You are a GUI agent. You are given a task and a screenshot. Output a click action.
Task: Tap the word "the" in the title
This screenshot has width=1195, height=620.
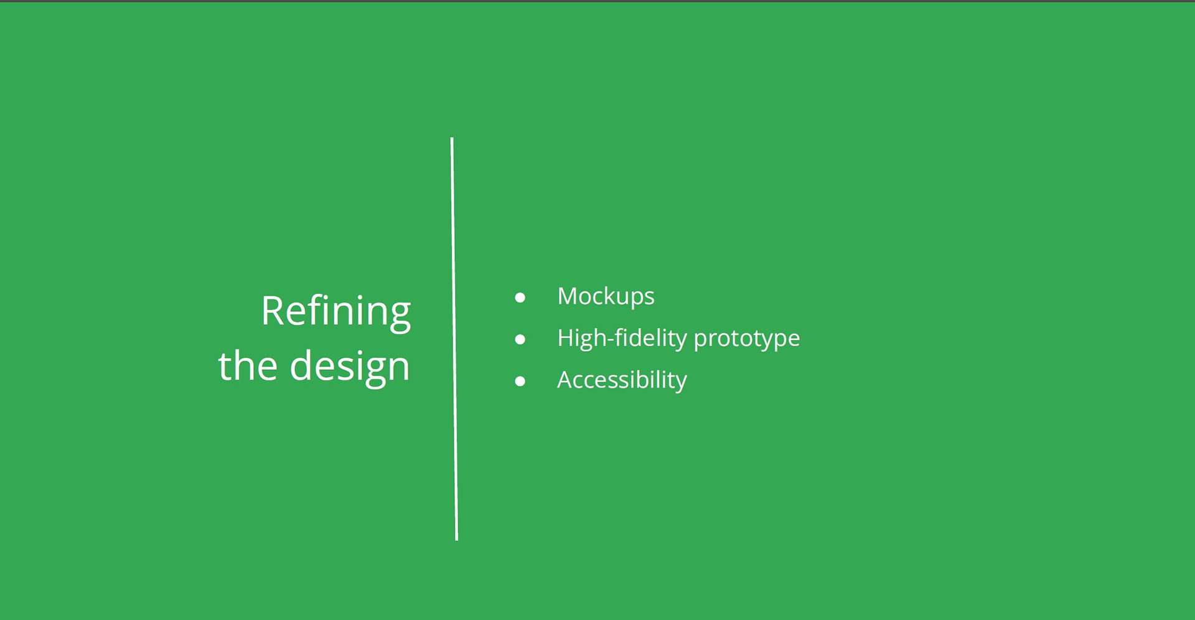coord(248,365)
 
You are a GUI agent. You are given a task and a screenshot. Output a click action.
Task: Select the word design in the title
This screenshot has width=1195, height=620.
coord(350,368)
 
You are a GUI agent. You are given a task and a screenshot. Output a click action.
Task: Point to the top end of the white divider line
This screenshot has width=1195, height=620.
coord(452,138)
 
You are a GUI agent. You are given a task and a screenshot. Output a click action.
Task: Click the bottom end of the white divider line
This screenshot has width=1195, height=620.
coord(457,539)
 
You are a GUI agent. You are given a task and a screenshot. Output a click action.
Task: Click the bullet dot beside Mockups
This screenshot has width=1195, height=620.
coord(520,298)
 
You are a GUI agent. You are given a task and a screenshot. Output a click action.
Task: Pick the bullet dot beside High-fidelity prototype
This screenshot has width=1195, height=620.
coord(520,339)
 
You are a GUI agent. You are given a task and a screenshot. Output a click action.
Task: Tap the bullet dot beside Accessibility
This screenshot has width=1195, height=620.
coord(520,381)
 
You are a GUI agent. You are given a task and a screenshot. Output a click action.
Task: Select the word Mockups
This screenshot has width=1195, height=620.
coord(606,297)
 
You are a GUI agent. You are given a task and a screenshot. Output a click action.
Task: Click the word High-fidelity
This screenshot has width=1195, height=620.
coord(622,339)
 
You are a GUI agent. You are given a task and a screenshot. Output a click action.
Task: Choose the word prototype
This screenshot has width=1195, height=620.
coord(747,340)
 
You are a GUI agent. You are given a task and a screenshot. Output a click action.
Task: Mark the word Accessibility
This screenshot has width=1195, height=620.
coord(622,380)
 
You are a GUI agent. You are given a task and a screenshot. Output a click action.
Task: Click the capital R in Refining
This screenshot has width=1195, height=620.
coord(273,311)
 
